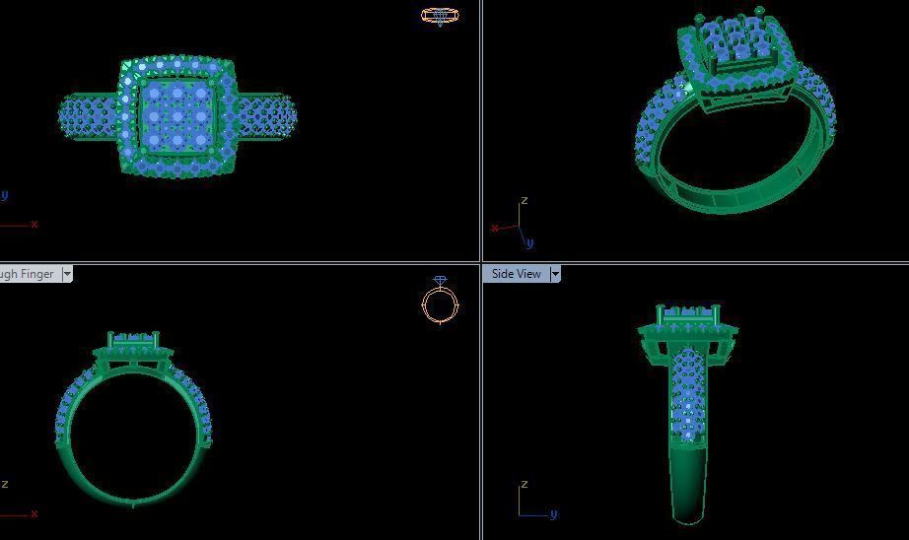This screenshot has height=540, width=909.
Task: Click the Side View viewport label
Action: point(516,274)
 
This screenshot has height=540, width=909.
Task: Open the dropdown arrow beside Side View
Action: point(555,274)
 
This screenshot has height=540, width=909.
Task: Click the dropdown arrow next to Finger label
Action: point(67,274)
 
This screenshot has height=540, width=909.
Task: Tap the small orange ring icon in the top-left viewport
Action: point(440,15)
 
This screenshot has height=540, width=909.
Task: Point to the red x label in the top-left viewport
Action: point(35,225)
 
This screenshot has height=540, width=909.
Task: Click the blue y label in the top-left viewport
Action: point(4,195)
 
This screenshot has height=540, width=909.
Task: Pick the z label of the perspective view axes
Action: point(524,201)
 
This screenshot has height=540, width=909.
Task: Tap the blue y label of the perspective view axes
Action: point(529,242)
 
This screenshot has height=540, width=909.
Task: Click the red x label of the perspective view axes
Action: point(494,229)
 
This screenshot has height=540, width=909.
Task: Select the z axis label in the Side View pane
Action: point(524,485)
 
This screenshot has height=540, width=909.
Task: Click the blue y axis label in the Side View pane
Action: point(553,513)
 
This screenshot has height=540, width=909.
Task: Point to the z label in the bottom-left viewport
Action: point(5,484)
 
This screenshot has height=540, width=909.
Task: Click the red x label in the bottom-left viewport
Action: point(35,513)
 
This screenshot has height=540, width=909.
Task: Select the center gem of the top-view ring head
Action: point(176,116)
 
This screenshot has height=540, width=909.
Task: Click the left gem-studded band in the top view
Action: point(90,116)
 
